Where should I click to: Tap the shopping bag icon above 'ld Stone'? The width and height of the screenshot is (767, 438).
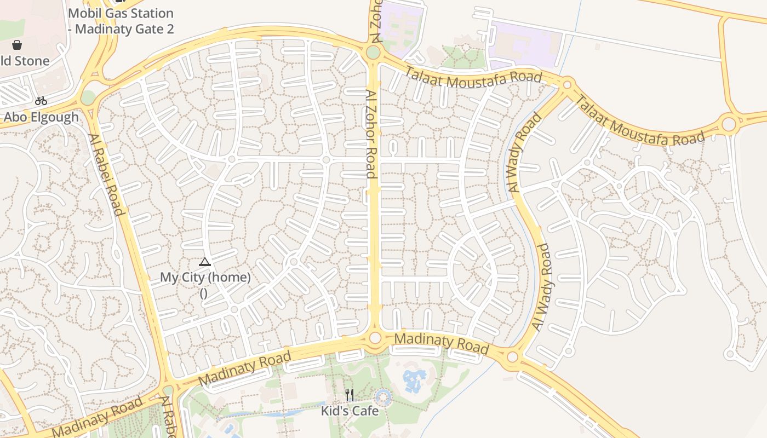pos(17,44)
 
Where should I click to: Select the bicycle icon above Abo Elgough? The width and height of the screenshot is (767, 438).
pos(41,101)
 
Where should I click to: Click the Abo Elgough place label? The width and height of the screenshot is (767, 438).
pos(41,117)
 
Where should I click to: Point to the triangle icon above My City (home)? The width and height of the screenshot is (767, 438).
pos(205,262)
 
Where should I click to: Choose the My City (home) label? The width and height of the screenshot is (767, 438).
pos(205,278)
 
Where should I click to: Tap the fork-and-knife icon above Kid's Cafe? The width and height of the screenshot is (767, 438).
pos(350,395)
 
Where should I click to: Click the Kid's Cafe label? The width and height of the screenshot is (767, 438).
pos(350,410)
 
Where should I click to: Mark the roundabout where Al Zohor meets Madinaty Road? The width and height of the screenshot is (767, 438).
pos(375,338)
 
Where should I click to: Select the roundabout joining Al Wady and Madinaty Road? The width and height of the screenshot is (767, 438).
pos(513,358)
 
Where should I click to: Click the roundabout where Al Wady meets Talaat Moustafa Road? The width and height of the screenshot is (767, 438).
pos(567,85)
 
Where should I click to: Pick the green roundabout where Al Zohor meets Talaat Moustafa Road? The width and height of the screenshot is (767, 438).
pos(373,53)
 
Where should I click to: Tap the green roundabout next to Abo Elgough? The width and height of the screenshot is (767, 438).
pos(88,97)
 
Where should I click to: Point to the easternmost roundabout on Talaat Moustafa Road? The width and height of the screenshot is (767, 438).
pos(729,124)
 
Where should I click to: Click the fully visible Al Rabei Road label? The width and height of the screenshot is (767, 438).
pos(105,174)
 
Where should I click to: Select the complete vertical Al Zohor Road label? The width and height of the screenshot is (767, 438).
pos(371,135)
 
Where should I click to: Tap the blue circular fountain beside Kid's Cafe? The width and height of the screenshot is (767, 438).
pos(383,397)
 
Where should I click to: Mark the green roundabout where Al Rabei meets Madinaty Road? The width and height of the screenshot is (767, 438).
pos(168,390)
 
